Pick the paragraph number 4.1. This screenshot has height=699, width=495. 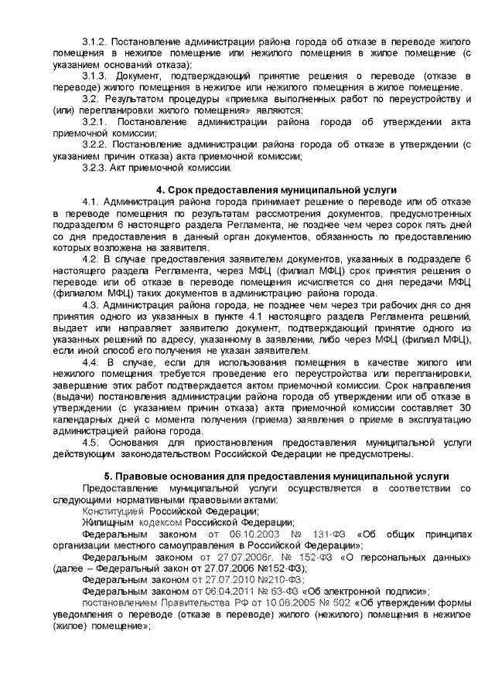pyautogui.click(x=91, y=202)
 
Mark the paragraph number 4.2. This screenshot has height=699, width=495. pyautogui.click(x=91, y=259)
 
